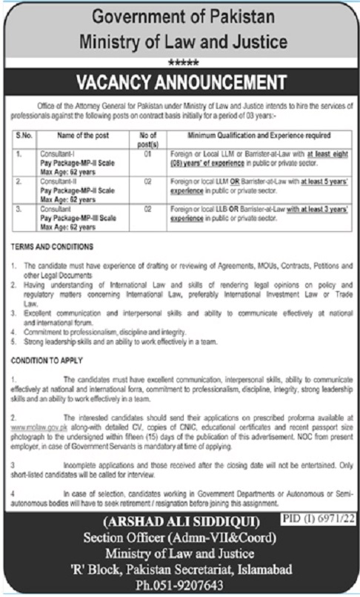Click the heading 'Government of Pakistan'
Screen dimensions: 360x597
(x=180, y=15)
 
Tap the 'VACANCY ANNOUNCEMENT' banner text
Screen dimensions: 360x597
(x=180, y=80)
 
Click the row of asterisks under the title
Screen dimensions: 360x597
(x=180, y=62)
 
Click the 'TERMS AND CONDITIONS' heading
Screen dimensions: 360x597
(x=53, y=245)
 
